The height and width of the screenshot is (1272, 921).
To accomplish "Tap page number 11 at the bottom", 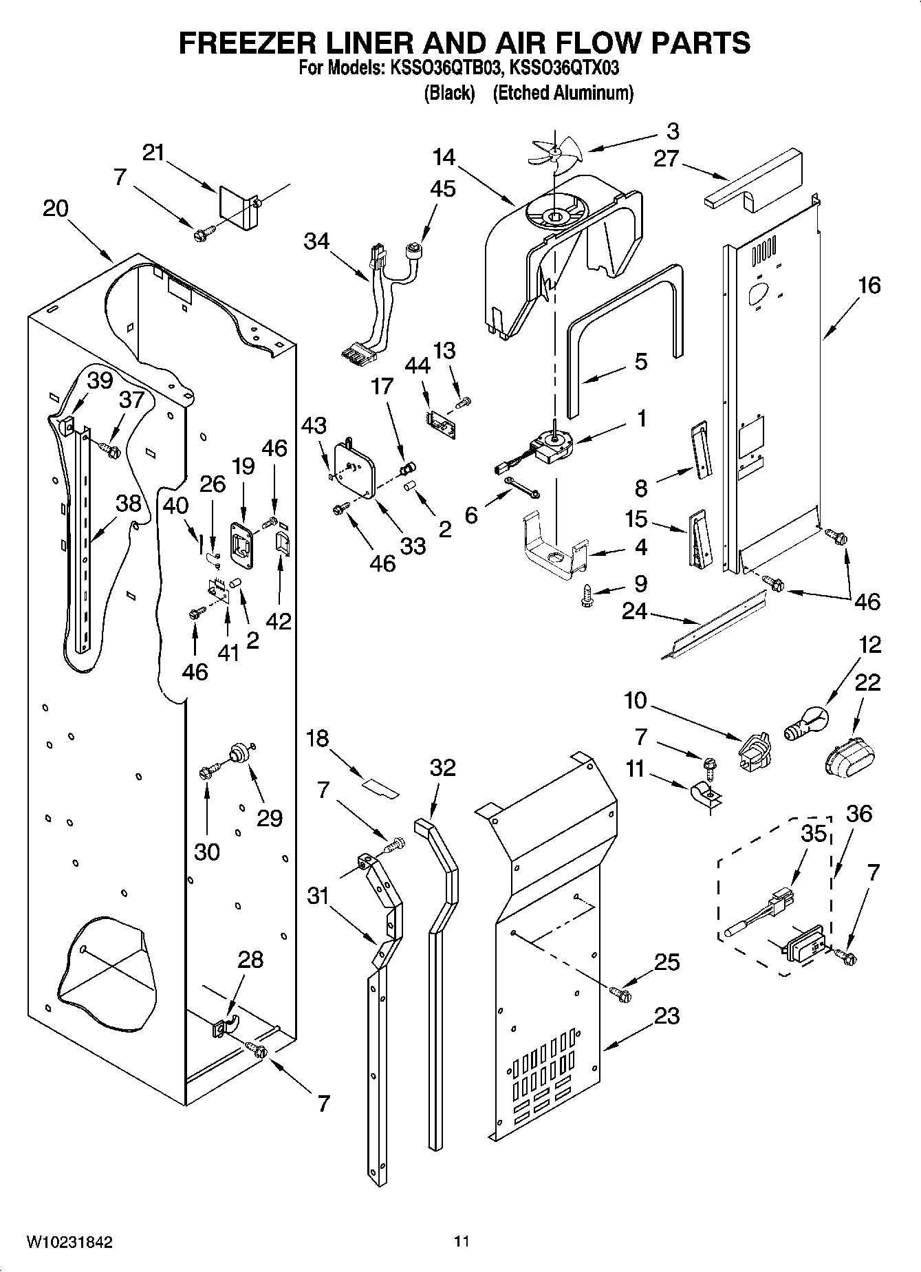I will pos(462,1242).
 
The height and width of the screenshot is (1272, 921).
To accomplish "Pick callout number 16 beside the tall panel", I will pos(869,285).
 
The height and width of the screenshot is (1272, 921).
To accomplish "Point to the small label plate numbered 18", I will pos(381,788).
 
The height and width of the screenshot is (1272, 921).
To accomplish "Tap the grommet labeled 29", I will pos(238,753).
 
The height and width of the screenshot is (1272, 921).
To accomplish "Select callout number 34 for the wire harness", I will pos(317,242).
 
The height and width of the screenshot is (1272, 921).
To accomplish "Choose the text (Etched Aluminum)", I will pos(563,93).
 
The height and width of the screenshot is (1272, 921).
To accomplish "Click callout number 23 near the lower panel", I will pos(667,1015).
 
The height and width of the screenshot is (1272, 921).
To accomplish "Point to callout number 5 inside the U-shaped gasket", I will pos(640,362).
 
